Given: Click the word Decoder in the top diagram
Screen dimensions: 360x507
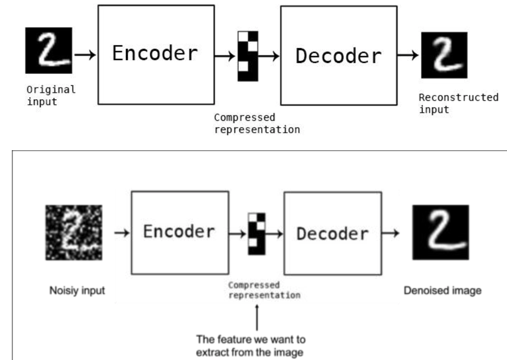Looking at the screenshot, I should pos(339,56).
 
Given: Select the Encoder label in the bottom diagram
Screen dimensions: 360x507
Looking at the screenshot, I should pos(179,232).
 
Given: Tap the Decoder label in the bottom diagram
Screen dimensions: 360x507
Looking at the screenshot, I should pos(332,234).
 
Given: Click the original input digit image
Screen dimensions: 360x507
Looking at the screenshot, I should pos(49,51).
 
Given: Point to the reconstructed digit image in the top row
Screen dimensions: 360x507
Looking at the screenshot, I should pos(444,55).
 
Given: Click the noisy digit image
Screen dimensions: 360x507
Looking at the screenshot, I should pos(74,233).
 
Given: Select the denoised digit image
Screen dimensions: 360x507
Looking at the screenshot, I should pos(440,232).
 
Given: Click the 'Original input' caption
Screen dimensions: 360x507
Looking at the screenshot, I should pos(51,95).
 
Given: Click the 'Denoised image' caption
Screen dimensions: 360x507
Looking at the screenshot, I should pos(443,291).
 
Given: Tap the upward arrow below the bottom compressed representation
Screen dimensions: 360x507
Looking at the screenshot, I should pos(257,318).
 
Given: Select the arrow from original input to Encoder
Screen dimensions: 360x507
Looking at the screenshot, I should pos(85,54).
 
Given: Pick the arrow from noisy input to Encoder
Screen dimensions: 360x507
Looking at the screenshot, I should pos(122,233).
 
